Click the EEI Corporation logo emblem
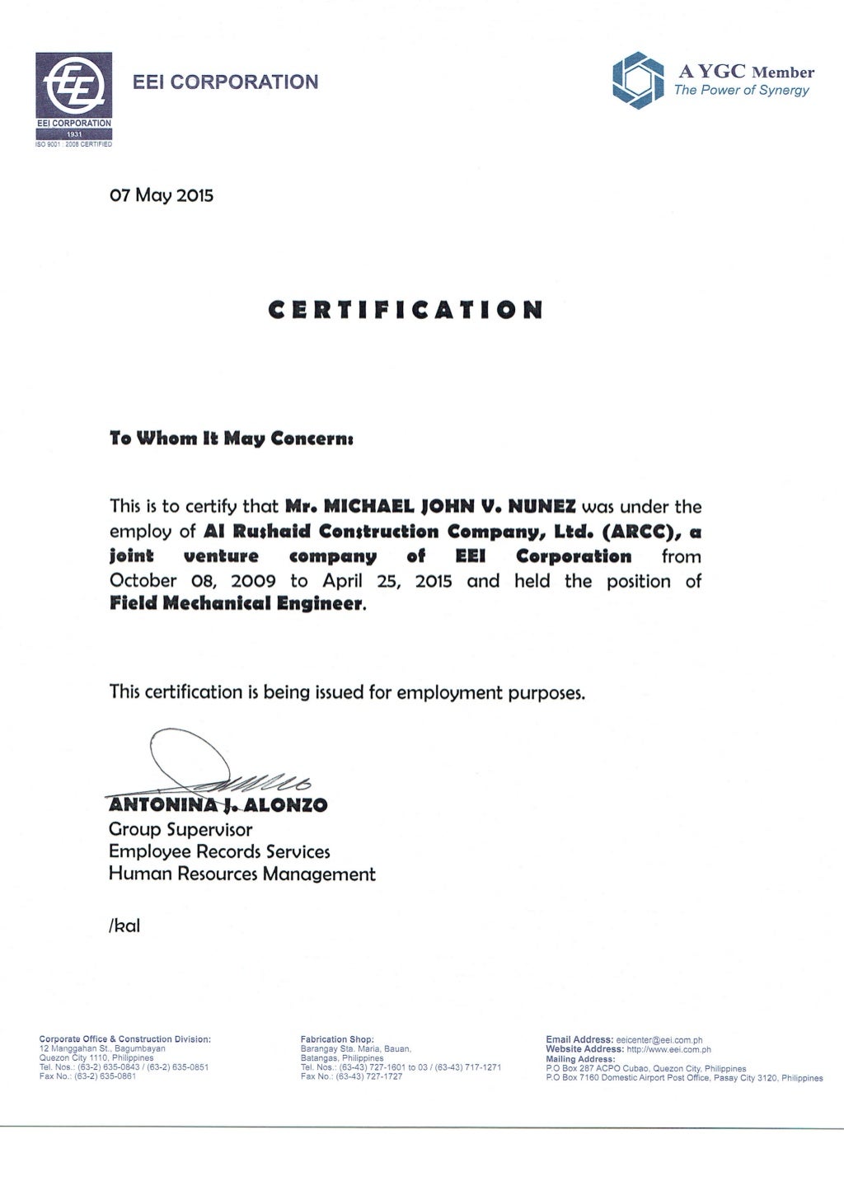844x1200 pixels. pos(73,86)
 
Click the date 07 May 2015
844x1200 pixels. pos(162,196)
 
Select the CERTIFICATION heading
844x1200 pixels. pos(406,311)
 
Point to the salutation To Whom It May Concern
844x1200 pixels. pos(232,438)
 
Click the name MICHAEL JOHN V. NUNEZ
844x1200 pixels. pos(429,506)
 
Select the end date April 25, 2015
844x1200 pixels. pos(387,581)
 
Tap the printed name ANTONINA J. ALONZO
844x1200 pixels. pos(218,805)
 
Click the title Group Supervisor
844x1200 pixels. pos(181,830)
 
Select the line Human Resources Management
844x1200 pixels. pos(242,874)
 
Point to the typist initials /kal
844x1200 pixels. pos(124,926)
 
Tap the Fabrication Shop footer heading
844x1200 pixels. pos(337,1040)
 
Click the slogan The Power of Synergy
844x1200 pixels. pos(741,91)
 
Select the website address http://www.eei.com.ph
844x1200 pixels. pos(668,1050)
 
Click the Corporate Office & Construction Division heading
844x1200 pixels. pos(125,1039)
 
